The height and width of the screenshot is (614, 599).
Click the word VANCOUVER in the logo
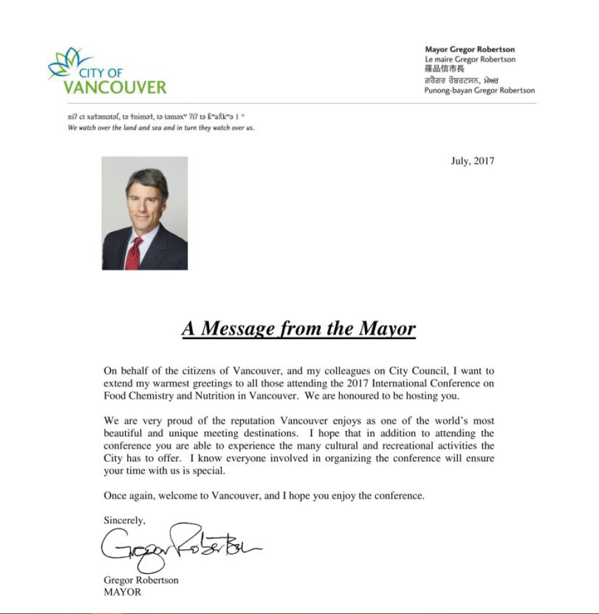click(115, 87)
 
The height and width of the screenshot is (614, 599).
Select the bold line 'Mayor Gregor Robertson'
click(469, 49)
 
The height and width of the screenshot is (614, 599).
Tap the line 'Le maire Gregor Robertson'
click(469, 60)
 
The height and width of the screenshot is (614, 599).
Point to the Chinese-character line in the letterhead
click(443, 69)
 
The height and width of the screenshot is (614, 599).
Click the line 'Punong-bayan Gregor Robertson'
click(479, 90)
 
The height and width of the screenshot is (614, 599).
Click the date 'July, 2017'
click(472, 161)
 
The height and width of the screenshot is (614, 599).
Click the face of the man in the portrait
click(146, 204)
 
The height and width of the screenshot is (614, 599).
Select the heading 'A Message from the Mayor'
click(299, 329)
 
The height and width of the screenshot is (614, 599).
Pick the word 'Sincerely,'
click(124, 520)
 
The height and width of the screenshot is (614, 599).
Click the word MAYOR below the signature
click(122, 592)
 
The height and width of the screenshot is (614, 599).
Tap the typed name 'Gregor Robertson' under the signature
click(141, 580)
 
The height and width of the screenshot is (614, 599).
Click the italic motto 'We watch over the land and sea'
click(160, 128)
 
